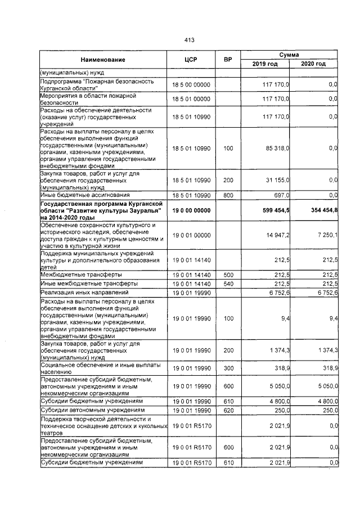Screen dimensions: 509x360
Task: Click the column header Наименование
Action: pos(102,60)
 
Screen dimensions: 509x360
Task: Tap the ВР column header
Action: pos(227,60)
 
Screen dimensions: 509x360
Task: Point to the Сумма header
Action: pos(289,55)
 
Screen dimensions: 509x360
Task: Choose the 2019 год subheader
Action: pos(265,64)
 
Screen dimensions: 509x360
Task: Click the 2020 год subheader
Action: pos(313,64)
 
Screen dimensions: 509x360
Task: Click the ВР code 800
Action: pos(227,195)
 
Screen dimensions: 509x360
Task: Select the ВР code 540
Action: pos(227,283)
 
